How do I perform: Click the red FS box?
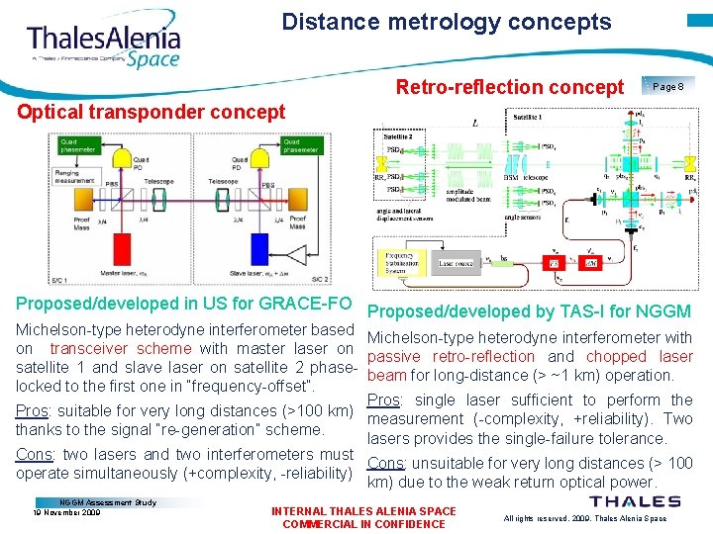click(x=555, y=263)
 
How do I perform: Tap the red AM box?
click(x=589, y=263)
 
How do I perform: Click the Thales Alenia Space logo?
click(x=104, y=44)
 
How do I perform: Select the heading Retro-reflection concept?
click(x=510, y=87)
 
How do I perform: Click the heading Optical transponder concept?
click(x=152, y=111)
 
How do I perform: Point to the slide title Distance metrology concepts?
click(x=447, y=22)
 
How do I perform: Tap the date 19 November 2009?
click(x=66, y=513)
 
